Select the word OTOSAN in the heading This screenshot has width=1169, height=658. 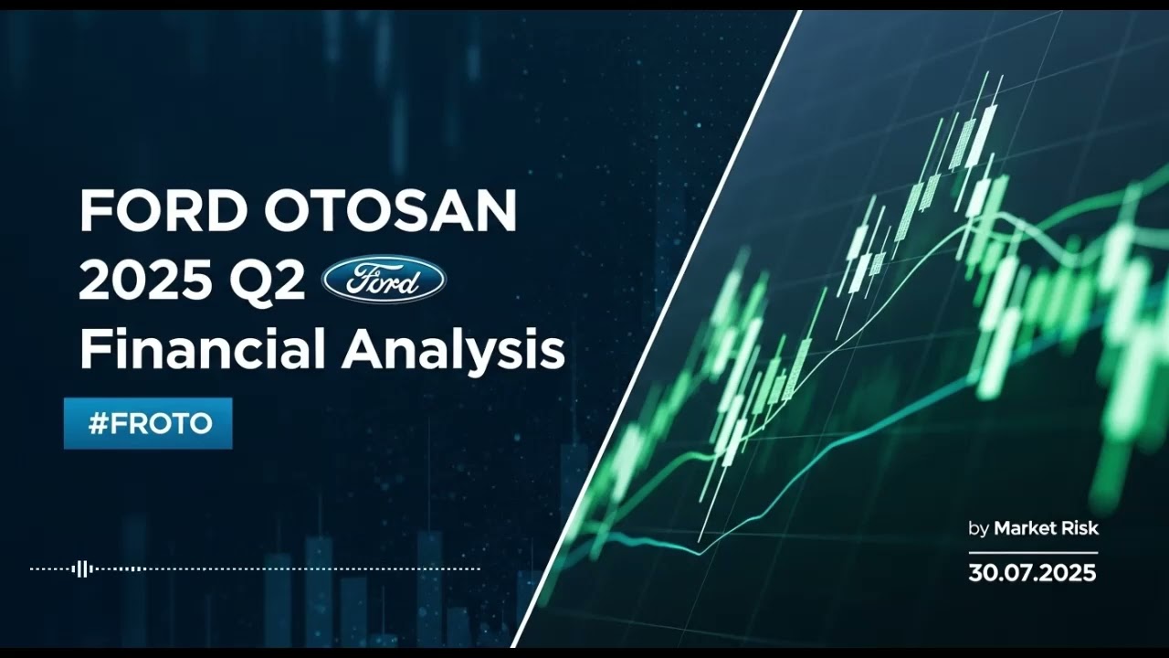392,212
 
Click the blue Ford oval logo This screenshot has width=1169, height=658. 384,280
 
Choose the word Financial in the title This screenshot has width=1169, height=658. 203,350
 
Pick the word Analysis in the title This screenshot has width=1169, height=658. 453,350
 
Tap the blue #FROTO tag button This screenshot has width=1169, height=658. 148,423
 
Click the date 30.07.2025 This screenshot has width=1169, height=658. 1032,573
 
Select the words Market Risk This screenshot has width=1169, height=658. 1046,528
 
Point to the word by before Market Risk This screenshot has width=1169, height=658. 978,529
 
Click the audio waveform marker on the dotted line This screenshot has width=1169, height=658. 82,568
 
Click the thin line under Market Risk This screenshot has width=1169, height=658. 1032,552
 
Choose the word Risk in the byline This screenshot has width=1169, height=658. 1080,528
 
